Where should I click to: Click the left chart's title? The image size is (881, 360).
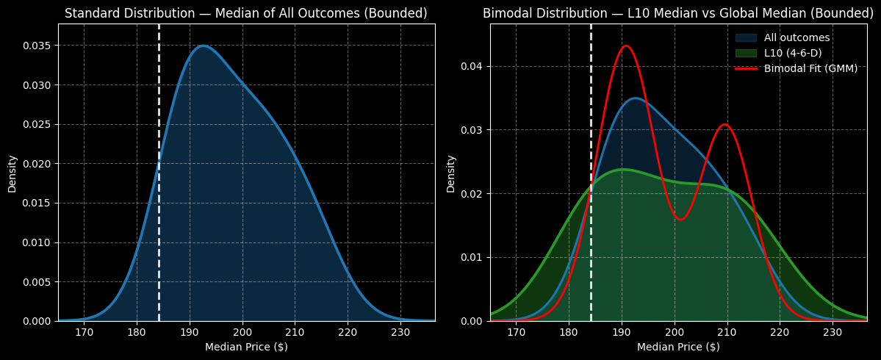pos(246,13)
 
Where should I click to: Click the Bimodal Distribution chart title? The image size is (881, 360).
pos(678,13)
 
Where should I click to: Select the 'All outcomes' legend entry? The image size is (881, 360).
pos(797,37)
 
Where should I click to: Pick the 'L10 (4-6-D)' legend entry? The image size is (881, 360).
pos(793,53)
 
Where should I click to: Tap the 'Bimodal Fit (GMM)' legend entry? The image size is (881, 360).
pos(810,68)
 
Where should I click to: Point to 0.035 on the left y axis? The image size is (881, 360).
pos(37,46)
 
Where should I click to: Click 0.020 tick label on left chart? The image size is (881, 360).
pos(37,164)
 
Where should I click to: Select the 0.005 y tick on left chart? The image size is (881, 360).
pos(37,282)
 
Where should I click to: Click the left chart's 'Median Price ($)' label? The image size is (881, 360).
pos(246,347)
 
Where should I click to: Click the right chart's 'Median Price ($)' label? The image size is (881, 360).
pos(678,347)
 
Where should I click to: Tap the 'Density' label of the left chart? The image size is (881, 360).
pos(12,173)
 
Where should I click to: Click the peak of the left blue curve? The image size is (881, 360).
pos(204,46)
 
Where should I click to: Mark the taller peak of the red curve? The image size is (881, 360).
pos(625,46)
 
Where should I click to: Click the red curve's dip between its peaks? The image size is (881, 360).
pos(680,219)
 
